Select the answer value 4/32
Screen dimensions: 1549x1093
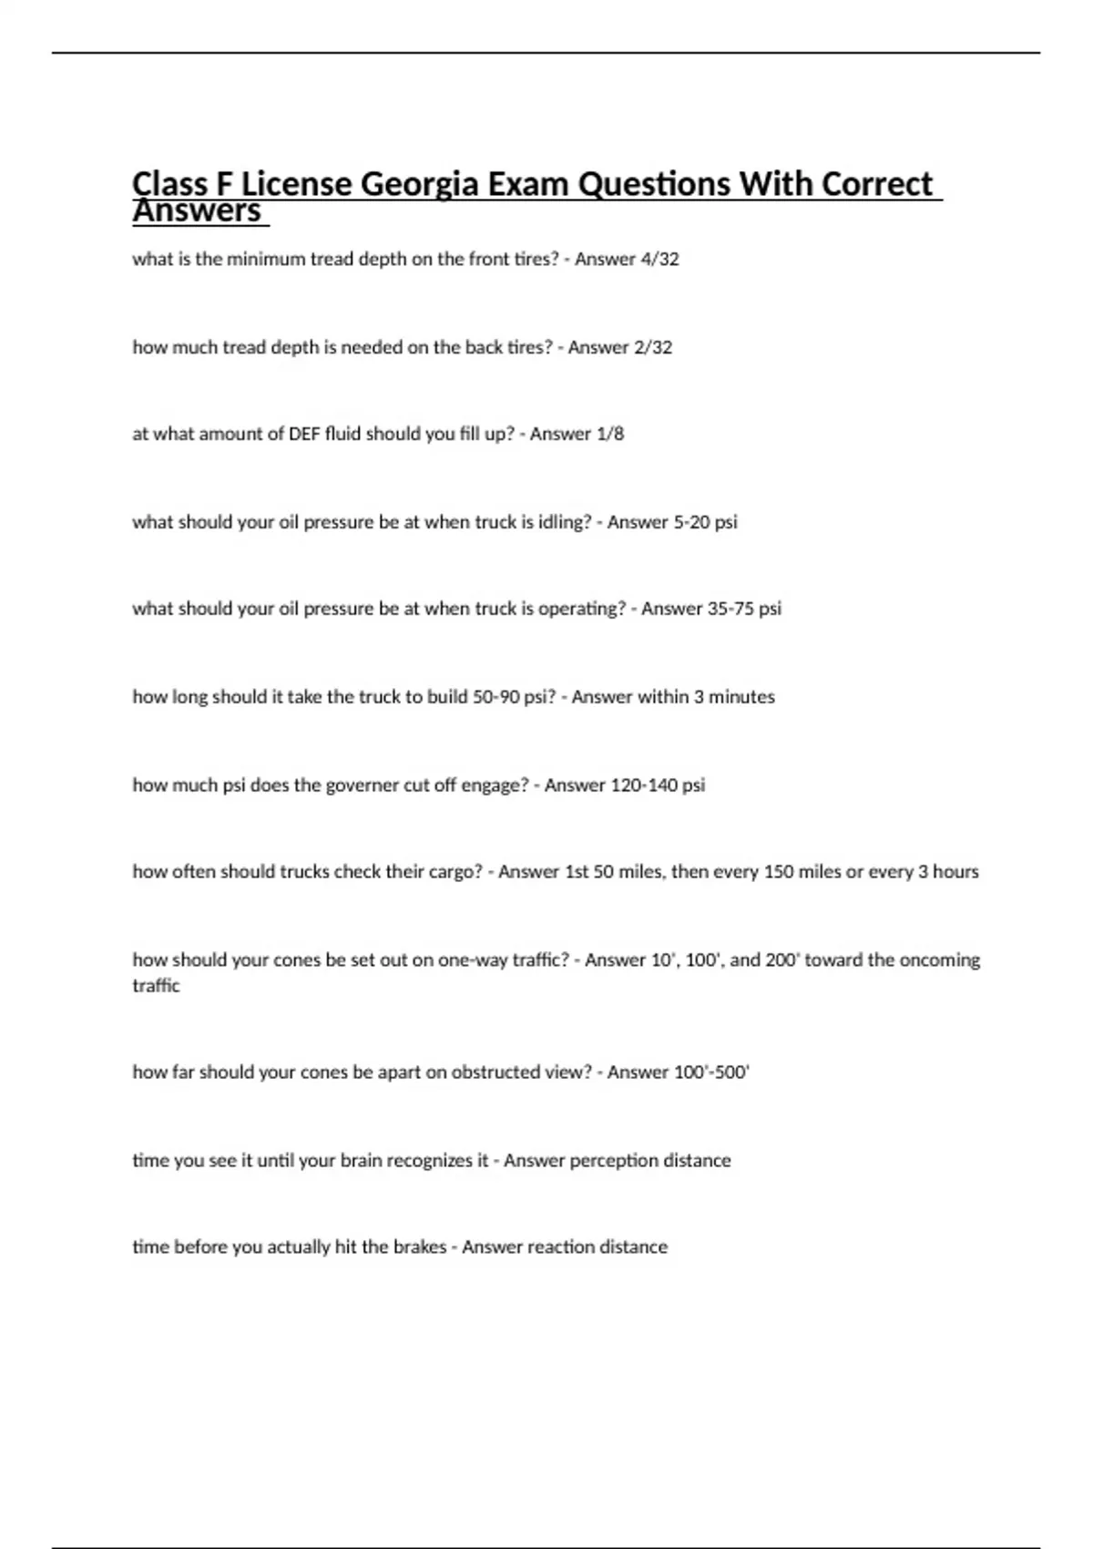click(x=659, y=259)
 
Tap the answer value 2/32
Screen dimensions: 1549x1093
click(x=653, y=347)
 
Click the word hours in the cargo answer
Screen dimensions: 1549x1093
click(x=955, y=872)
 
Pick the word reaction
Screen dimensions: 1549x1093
click(x=564, y=1247)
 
